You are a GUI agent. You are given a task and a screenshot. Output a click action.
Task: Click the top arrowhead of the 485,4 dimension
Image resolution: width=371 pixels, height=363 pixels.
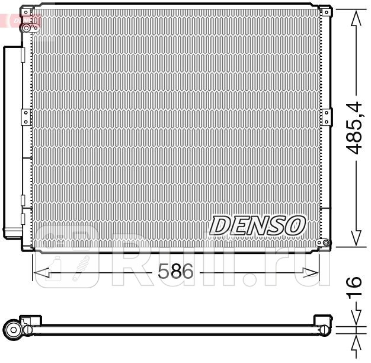click(356, 18)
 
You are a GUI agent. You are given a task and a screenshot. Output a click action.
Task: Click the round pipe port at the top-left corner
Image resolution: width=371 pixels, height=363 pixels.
click(27, 27)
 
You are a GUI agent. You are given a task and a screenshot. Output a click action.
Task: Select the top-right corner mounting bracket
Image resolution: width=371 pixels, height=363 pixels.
click(324, 11)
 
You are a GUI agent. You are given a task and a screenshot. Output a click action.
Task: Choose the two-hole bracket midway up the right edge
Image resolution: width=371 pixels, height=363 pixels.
click(323, 114)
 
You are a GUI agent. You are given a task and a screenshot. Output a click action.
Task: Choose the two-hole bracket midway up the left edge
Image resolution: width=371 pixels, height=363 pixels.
click(25, 114)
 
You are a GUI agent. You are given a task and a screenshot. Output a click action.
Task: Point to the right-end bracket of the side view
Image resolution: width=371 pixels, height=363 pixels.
click(324, 329)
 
